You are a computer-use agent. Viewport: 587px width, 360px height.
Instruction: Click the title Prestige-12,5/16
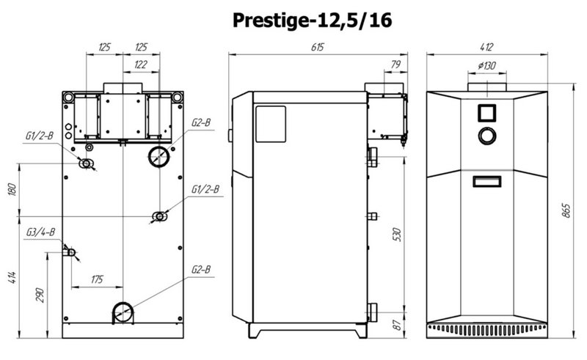click(x=312, y=20)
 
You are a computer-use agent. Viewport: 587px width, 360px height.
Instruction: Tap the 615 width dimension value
click(x=317, y=47)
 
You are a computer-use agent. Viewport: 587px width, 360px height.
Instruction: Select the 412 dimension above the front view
click(x=486, y=47)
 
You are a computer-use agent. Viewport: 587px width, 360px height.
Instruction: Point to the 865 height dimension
click(x=566, y=210)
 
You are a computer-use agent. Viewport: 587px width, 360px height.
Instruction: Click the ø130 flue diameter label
click(x=486, y=66)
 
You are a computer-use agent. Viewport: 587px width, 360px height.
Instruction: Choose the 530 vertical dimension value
click(x=397, y=235)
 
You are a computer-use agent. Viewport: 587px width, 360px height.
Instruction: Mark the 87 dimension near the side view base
click(x=397, y=325)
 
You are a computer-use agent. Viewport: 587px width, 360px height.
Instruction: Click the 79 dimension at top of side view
click(x=395, y=65)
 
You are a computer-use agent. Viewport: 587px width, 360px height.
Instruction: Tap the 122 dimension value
click(x=140, y=65)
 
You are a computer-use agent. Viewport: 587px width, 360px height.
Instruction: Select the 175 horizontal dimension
click(x=97, y=279)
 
